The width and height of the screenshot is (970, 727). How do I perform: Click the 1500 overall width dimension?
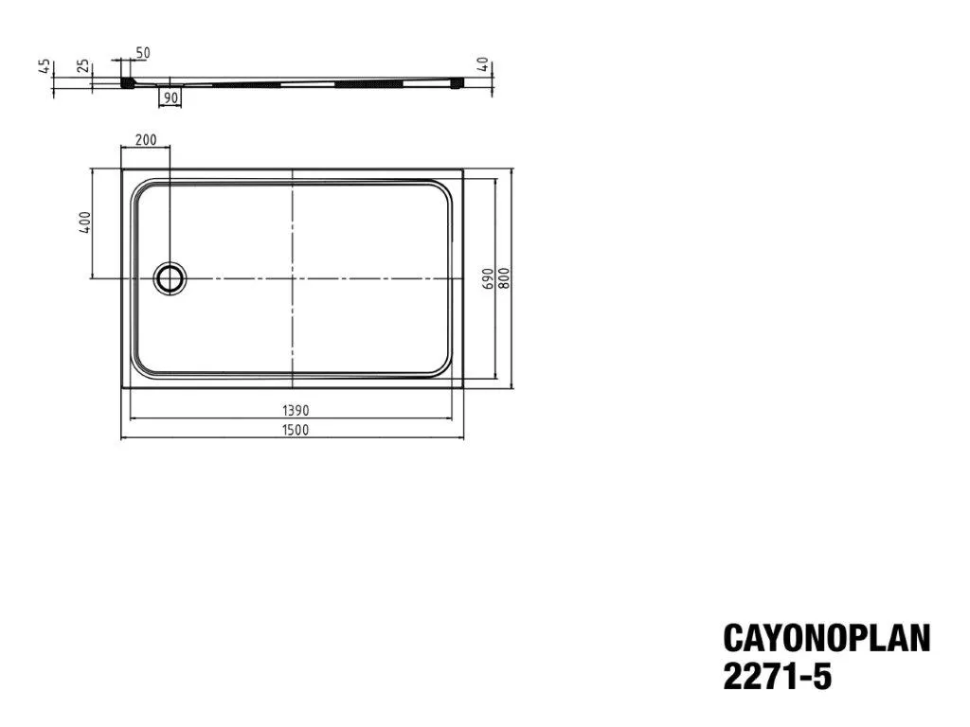pos(296,430)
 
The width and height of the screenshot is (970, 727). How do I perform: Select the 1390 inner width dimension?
pos(296,411)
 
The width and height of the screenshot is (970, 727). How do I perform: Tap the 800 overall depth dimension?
pos(504,278)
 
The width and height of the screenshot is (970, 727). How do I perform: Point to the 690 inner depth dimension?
pos(488,278)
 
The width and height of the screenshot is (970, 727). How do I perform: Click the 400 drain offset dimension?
pos(84,222)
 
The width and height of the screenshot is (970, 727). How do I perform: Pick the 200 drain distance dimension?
pos(145,140)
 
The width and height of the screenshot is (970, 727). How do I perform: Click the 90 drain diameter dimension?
pos(171,98)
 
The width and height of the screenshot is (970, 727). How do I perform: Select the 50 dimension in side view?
pos(142,53)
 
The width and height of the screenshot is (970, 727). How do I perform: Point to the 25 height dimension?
pos(83,67)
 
